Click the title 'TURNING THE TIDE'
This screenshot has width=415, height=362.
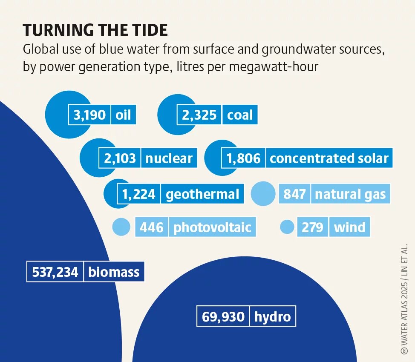[95, 30]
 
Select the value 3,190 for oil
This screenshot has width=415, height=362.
[89, 115]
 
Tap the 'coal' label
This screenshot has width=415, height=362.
[240, 115]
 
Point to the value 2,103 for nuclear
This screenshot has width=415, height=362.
[120, 158]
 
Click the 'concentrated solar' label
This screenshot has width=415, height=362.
[329, 158]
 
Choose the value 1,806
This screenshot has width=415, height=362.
[243, 158]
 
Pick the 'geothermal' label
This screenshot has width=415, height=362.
[202, 195]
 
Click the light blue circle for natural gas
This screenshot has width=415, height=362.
[263, 194]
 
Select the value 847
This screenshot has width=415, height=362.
[294, 195]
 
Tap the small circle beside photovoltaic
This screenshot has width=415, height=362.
[121, 227]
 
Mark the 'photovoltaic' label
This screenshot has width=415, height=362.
[212, 227]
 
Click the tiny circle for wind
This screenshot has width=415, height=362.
[287, 227]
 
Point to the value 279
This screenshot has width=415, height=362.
[312, 227]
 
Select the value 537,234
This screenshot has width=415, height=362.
[55, 272]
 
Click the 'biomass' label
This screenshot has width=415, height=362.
[114, 272]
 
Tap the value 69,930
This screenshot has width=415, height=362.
[223, 317]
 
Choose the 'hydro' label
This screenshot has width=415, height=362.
[272, 317]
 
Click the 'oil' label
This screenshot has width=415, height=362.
[123, 115]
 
